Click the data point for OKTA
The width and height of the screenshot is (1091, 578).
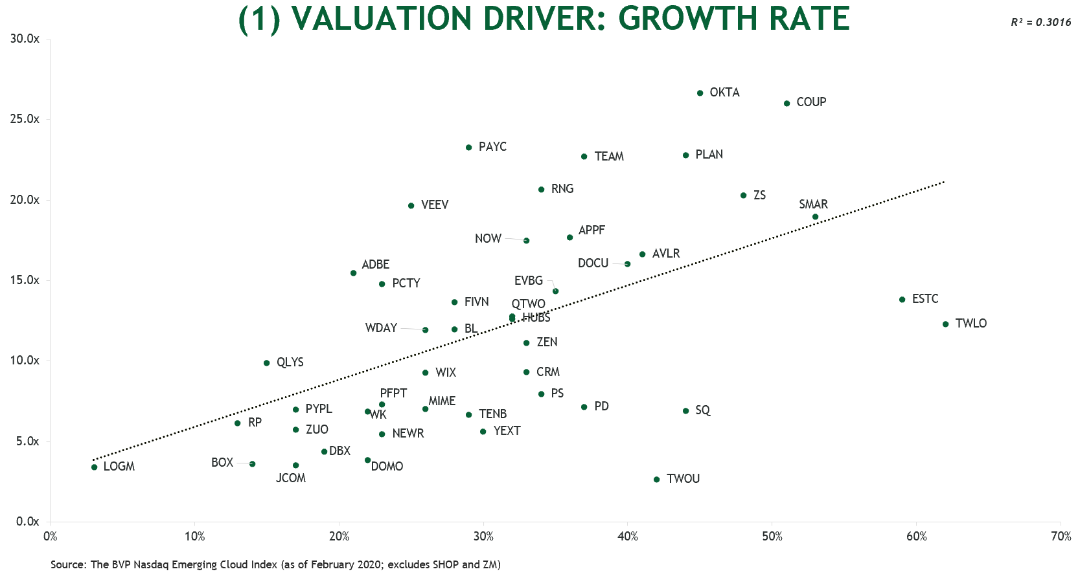[700, 93]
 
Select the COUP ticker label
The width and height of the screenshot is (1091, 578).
[810, 102]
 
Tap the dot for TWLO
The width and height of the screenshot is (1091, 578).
[945, 324]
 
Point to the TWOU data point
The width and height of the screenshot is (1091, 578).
[656, 480]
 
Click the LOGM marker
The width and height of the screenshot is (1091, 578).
[95, 467]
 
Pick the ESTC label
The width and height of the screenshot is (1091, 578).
[924, 299]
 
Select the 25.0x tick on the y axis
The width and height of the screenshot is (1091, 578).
[25, 119]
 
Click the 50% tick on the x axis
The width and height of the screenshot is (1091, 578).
[772, 537]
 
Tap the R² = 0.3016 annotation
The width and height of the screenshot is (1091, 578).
[1040, 22]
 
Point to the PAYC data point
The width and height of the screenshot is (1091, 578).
[468, 148]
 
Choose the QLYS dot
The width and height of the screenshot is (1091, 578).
[266, 363]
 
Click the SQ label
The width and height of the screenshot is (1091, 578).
[702, 410]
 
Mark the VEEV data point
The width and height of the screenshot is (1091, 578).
[411, 206]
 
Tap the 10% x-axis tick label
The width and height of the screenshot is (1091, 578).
[194, 537]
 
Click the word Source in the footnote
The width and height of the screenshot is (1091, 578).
[67, 564]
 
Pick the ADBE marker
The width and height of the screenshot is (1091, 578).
[353, 273]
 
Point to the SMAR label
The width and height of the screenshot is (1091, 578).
[813, 205]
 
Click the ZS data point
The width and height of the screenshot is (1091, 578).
[743, 195]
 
